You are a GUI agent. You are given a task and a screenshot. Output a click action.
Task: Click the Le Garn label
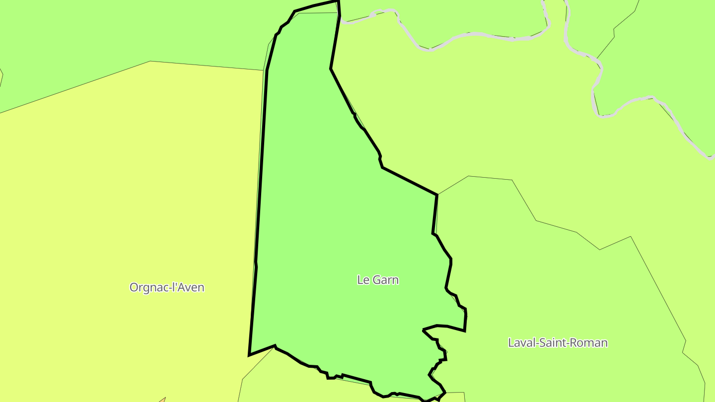click(x=378, y=279)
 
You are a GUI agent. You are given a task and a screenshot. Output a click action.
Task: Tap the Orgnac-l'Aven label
click(x=167, y=287)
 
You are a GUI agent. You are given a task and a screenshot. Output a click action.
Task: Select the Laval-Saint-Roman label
click(x=558, y=342)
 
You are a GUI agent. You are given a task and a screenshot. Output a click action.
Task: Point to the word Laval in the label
click(x=520, y=342)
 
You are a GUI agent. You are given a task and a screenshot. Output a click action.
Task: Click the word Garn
click(x=385, y=279)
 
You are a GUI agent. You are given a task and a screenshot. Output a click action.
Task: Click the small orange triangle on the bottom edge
click(x=162, y=400)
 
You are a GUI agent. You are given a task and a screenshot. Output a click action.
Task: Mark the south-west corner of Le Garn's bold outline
click(x=249, y=355)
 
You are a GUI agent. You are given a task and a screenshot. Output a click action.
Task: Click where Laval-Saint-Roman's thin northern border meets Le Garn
click(x=437, y=195)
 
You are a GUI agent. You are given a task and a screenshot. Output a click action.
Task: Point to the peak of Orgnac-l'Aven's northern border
click(x=150, y=62)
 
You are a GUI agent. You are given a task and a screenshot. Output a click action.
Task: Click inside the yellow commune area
click(x=124, y=199)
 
